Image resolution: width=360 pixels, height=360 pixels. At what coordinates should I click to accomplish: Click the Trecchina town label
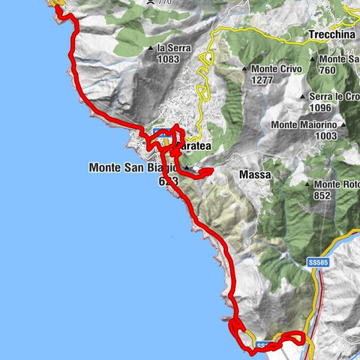[330, 34]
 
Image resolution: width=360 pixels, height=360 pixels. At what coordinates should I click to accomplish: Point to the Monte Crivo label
[273, 70]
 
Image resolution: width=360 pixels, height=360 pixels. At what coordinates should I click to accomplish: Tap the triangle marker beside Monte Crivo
[244, 70]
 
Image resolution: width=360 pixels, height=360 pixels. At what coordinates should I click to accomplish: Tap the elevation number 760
[329, 70]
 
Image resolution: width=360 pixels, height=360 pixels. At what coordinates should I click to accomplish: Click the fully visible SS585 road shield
[318, 263]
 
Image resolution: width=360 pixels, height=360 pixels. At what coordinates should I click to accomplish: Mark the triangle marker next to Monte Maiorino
[341, 124]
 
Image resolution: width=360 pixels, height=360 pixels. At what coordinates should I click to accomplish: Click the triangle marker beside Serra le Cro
[303, 97]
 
